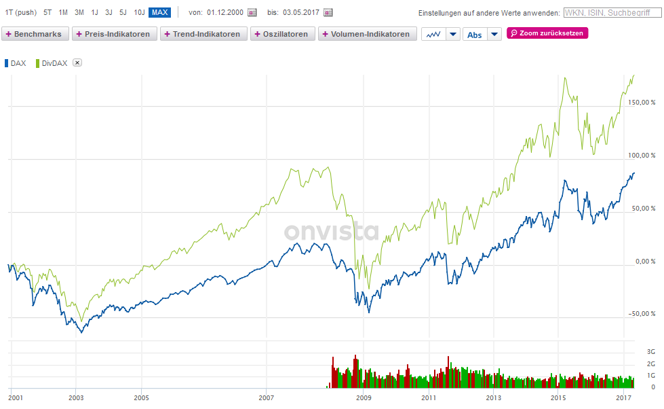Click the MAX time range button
tap(159, 12)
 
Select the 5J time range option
tap(123, 12)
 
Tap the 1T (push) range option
tap(20, 12)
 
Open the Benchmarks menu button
tap(35, 34)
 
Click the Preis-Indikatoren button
tap(114, 34)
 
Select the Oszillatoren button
tap(282, 34)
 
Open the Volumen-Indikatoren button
tap(367, 34)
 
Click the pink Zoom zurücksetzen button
tap(547, 33)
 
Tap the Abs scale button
tap(475, 35)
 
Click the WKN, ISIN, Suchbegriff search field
tap(610, 12)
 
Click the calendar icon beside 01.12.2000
tap(252, 12)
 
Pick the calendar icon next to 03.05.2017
tap(328, 12)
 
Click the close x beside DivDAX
tap(77, 63)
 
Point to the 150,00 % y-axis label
tap(642, 103)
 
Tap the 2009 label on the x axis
tap(364, 397)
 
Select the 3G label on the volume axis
tap(650, 352)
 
